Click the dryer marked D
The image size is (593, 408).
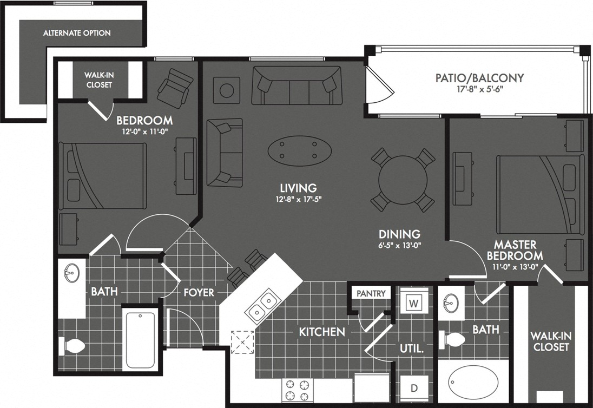[x=414, y=388]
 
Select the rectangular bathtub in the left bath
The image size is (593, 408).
[x=141, y=339]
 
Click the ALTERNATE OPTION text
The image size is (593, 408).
[x=77, y=33]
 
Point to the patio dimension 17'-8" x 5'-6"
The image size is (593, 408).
[x=479, y=90]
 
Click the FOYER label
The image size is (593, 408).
[x=198, y=292]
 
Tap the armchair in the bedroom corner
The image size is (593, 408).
[x=175, y=86]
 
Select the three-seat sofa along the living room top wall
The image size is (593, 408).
[x=297, y=85]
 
